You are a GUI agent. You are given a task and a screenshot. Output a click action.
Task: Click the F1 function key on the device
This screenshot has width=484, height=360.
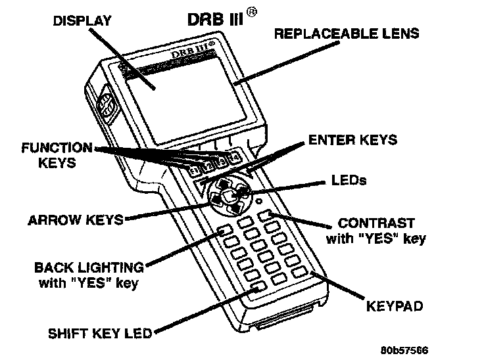[194, 172]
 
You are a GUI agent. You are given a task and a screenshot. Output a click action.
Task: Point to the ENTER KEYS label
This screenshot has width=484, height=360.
[352, 139]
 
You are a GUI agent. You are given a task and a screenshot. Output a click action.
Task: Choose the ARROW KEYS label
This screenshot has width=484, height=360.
[76, 220]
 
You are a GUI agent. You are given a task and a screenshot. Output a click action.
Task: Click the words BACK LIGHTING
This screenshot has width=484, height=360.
[89, 268]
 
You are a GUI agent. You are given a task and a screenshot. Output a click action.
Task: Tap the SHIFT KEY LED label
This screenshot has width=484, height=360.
[100, 333]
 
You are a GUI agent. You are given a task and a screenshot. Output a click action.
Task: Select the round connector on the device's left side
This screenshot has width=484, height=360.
[107, 106]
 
